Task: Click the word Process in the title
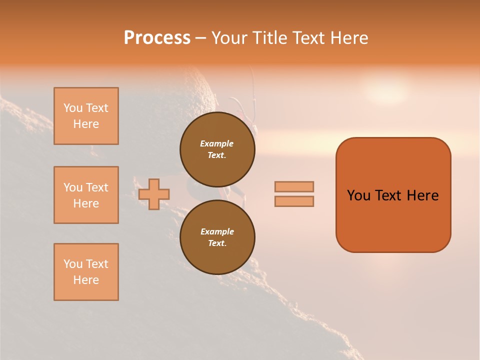157,38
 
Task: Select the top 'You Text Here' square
86,116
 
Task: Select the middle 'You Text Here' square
86,195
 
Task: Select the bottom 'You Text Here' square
86,272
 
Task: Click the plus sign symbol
154,194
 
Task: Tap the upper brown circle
217,149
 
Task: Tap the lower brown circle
217,237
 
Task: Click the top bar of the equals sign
294,186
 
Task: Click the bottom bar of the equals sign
294,201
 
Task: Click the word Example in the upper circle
217,143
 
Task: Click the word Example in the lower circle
217,231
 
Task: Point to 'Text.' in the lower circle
217,243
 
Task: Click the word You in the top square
73,108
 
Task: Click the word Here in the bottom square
86,280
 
